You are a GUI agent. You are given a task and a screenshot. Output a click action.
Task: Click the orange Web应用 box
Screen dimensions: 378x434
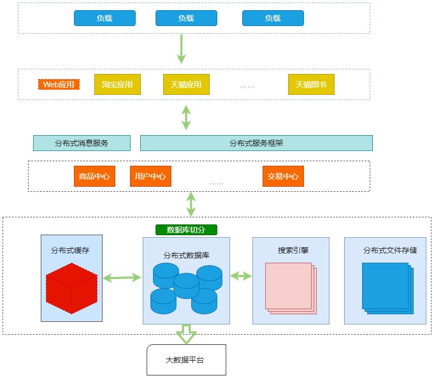pos(59,84)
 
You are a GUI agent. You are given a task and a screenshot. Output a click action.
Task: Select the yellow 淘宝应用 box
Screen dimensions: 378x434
pos(117,84)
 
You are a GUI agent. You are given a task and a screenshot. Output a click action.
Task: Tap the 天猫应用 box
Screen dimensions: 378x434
pos(186,84)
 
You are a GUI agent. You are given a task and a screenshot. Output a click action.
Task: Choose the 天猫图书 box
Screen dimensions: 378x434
pos(311,84)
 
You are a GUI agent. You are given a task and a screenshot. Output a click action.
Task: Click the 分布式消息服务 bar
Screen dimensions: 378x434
pos(82,143)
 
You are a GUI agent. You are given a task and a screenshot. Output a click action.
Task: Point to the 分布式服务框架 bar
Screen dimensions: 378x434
pos(256,143)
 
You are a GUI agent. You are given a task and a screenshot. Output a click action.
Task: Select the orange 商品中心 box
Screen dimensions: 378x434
pos(94,177)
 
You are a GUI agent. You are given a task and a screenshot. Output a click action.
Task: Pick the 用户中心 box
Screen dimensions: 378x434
pos(150,177)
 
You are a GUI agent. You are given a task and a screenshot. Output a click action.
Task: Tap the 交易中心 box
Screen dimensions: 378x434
pos(283,177)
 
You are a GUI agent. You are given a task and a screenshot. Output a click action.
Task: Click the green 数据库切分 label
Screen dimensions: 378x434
pos(186,230)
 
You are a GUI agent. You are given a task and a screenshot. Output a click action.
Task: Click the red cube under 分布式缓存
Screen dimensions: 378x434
pos(71,288)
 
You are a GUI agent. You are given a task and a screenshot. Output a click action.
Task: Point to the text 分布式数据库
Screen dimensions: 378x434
pos(186,255)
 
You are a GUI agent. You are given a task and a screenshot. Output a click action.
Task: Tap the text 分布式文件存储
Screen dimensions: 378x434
pos(390,250)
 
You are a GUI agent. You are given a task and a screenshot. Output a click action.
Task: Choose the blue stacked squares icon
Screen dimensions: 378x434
pos(388,288)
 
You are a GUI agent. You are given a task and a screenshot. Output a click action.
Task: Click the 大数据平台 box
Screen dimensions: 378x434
pos(186,360)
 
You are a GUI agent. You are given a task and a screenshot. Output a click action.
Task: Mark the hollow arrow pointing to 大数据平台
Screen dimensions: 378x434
pos(186,335)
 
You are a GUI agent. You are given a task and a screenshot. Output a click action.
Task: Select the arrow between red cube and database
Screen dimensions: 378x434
pos(122,278)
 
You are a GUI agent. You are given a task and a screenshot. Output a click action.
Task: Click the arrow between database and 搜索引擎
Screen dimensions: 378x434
pos(241,276)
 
